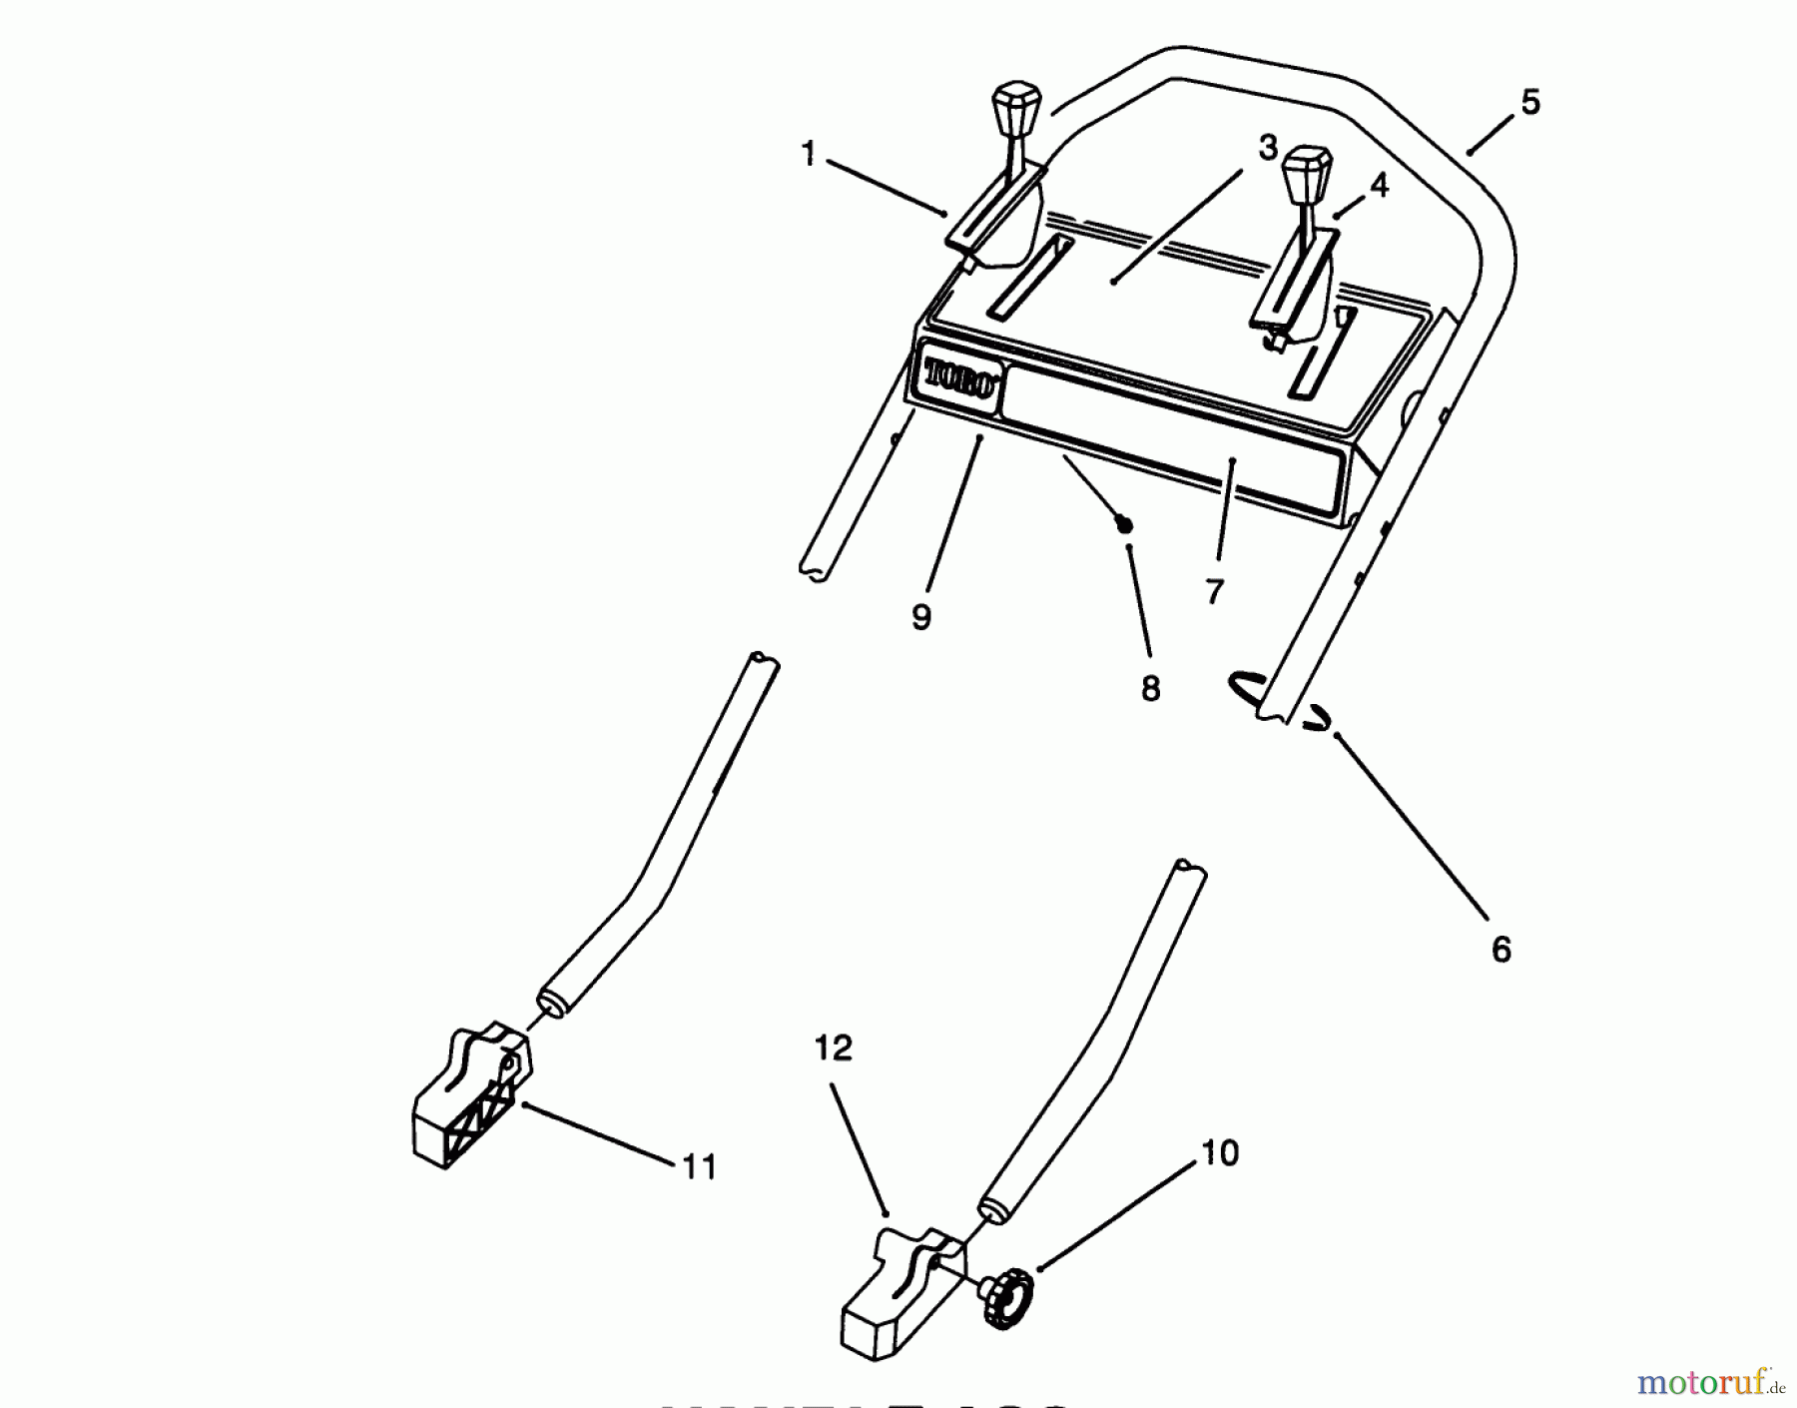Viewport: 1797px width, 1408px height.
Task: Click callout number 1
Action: point(809,154)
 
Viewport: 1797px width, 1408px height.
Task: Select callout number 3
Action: point(1267,148)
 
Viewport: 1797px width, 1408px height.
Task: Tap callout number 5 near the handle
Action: point(1529,102)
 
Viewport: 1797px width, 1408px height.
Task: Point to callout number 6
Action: point(1500,949)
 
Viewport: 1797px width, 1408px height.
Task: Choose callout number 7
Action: point(1214,591)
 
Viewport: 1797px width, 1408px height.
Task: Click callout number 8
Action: point(1150,688)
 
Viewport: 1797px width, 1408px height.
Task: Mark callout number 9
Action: point(920,617)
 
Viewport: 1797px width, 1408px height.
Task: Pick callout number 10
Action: point(1219,1153)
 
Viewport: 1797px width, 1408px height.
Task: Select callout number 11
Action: point(699,1165)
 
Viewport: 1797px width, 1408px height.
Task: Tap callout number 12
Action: point(834,1049)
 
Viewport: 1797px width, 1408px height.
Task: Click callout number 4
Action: point(1378,185)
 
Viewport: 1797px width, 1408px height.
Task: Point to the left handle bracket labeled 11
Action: point(469,1098)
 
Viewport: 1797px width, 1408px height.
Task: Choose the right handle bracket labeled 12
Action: point(898,1288)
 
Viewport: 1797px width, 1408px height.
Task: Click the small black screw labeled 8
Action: point(1125,523)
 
